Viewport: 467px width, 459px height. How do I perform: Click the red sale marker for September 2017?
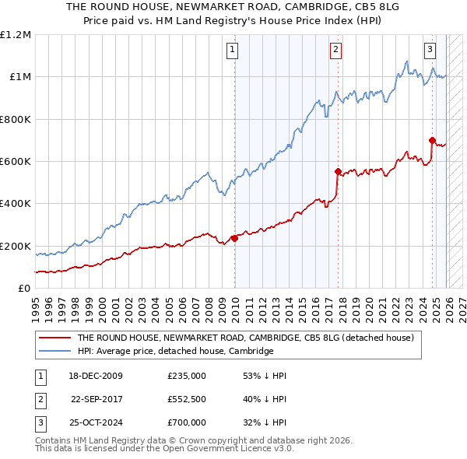338,171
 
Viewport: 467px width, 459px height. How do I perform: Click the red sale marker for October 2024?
432,140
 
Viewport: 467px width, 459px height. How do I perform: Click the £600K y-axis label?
16,162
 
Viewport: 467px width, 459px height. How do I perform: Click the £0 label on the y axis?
24,289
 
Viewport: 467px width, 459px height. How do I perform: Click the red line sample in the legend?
54,338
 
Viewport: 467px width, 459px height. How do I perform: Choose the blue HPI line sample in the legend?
54,352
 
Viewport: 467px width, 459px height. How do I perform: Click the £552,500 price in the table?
186,399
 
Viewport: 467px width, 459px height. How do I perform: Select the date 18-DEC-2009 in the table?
95,376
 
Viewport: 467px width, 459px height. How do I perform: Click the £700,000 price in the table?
186,422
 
